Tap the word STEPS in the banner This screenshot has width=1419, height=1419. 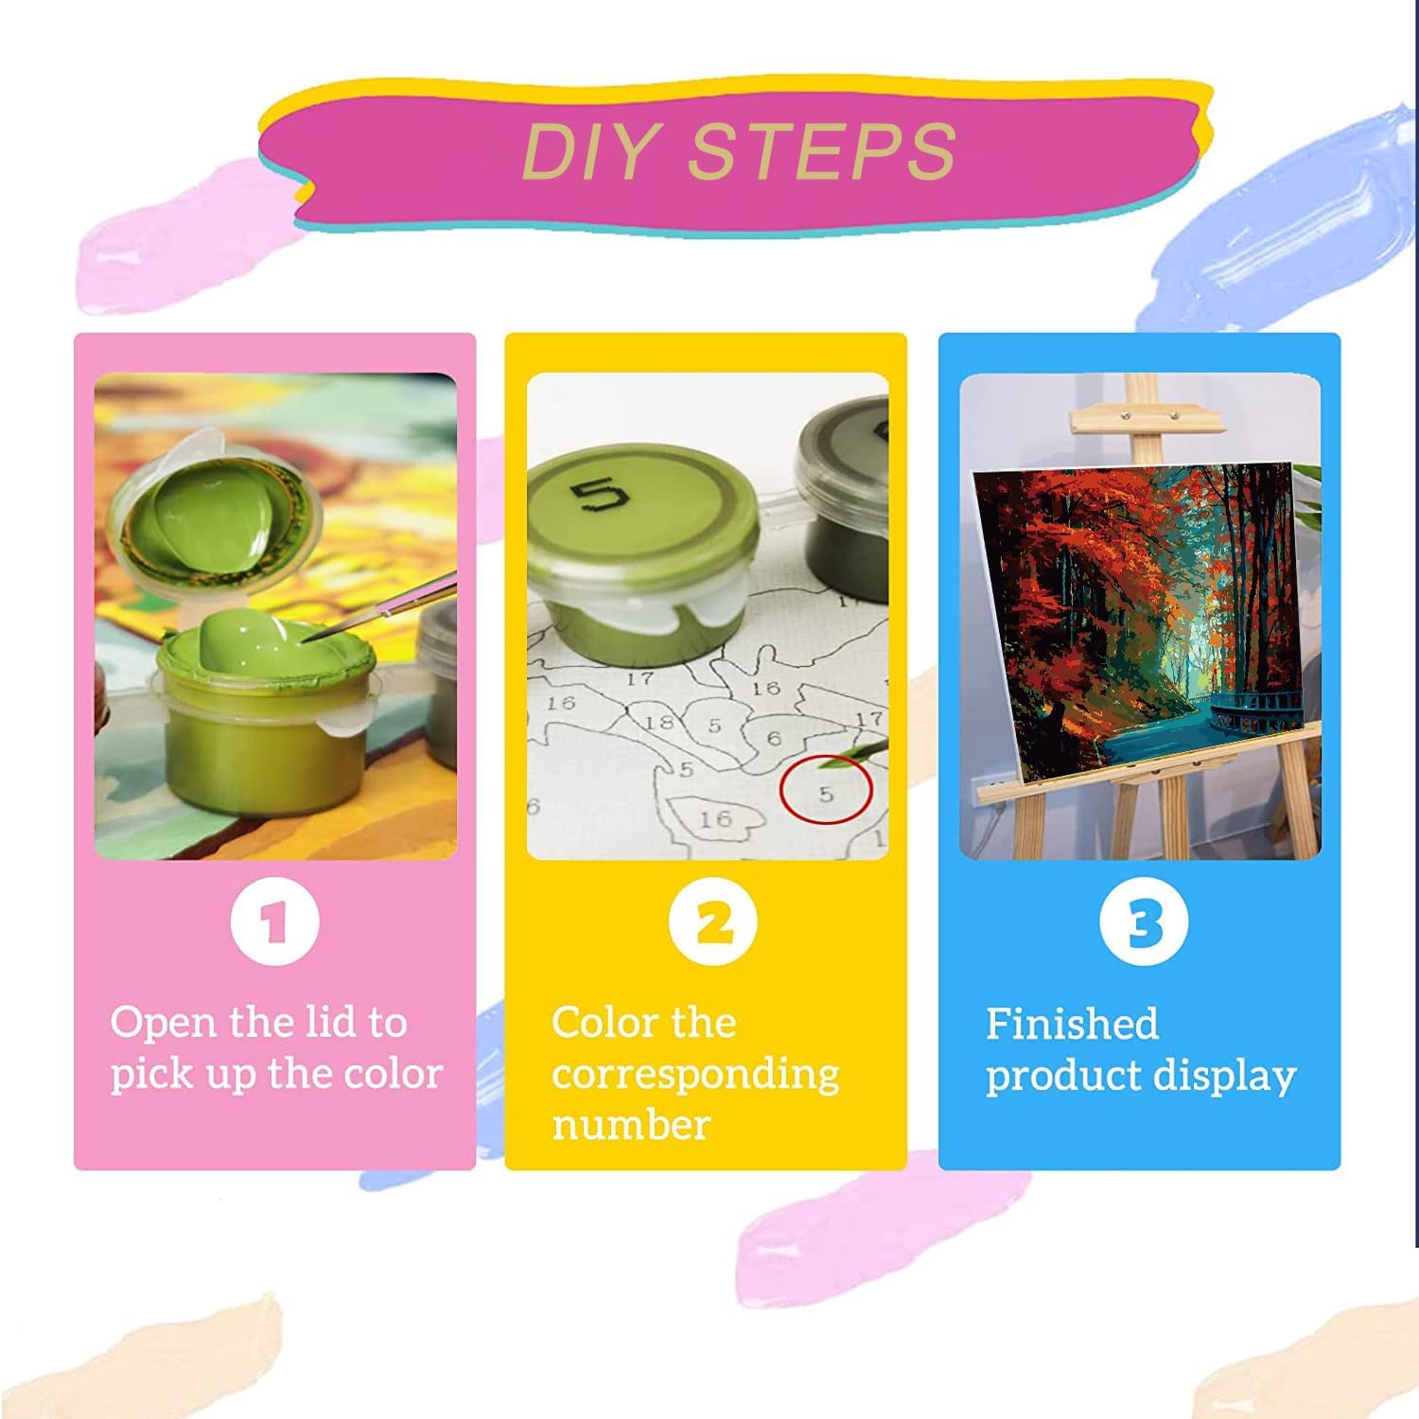pyautogui.click(x=822, y=150)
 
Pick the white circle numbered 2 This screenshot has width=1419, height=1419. pyautogui.click(x=713, y=921)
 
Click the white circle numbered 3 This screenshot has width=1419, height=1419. pyautogui.click(x=1145, y=921)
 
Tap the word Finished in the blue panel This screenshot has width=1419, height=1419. pyautogui.click(x=1072, y=1024)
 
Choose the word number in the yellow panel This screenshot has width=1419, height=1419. pyautogui.click(x=631, y=1126)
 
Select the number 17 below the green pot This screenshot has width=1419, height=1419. pyautogui.click(x=639, y=677)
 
